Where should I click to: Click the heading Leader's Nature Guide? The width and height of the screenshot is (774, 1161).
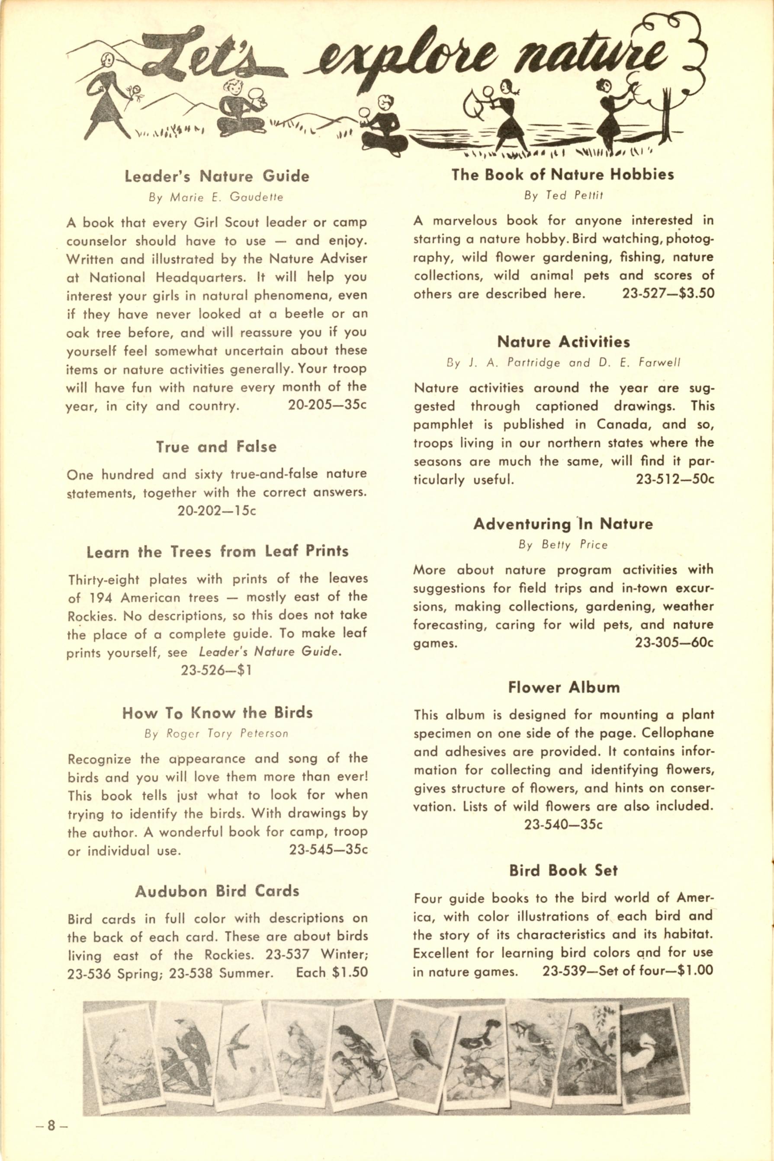pyautogui.click(x=217, y=176)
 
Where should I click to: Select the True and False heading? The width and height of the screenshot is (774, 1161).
pyautogui.click(x=216, y=447)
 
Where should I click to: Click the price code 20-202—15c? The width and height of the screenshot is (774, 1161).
pyautogui.click(x=217, y=511)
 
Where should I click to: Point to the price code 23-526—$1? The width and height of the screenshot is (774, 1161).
pyautogui.click(x=217, y=670)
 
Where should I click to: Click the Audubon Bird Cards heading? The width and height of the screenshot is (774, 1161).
pyautogui.click(x=217, y=891)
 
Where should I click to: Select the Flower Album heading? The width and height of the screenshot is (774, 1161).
pyautogui.click(x=564, y=688)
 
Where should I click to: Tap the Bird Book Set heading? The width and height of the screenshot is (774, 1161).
pyautogui.click(x=563, y=870)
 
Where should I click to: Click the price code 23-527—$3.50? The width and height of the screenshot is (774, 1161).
pyautogui.click(x=668, y=294)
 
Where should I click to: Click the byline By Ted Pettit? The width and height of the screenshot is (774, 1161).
pyautogui.click(x=564, y=195)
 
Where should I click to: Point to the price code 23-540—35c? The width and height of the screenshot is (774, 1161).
pyautogui.click(x=563, y=825)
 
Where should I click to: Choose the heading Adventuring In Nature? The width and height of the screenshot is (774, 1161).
pyautogui.click(x=563, y=524)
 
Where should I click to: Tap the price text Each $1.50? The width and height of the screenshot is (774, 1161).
pyautogui.click(x=332, y=972)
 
